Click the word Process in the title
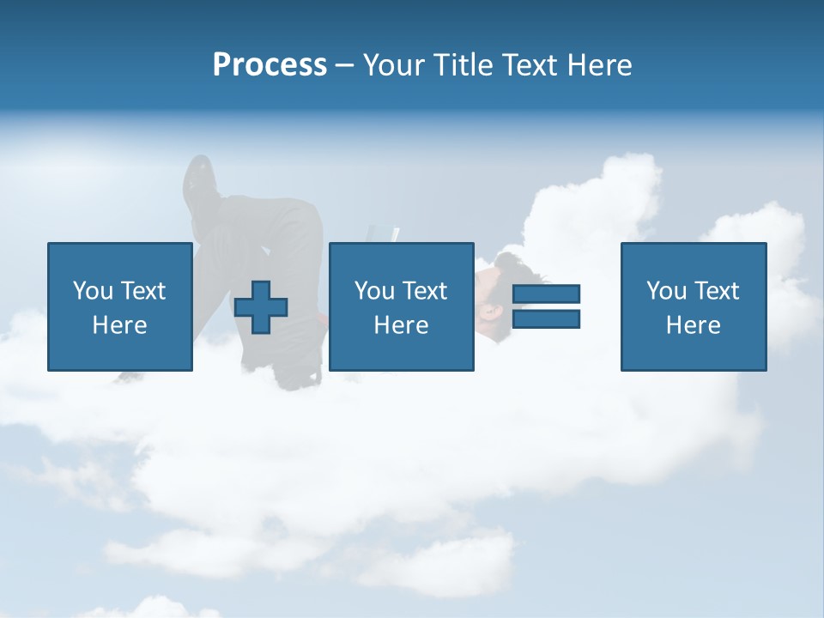click(x=270, y=65)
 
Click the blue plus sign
click(x=261, y=306)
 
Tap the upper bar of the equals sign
click(x=546, y=294)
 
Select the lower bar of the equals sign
click(x=546, y=319)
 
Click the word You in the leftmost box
click(x=93, y=291)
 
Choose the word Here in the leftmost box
click(x=119, y=325)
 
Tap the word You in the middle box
click(x=374, y=291)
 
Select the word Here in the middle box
click(x=401, y=325)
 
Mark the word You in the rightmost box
click(x=666, y=291)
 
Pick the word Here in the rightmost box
click(x=693, y=325)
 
